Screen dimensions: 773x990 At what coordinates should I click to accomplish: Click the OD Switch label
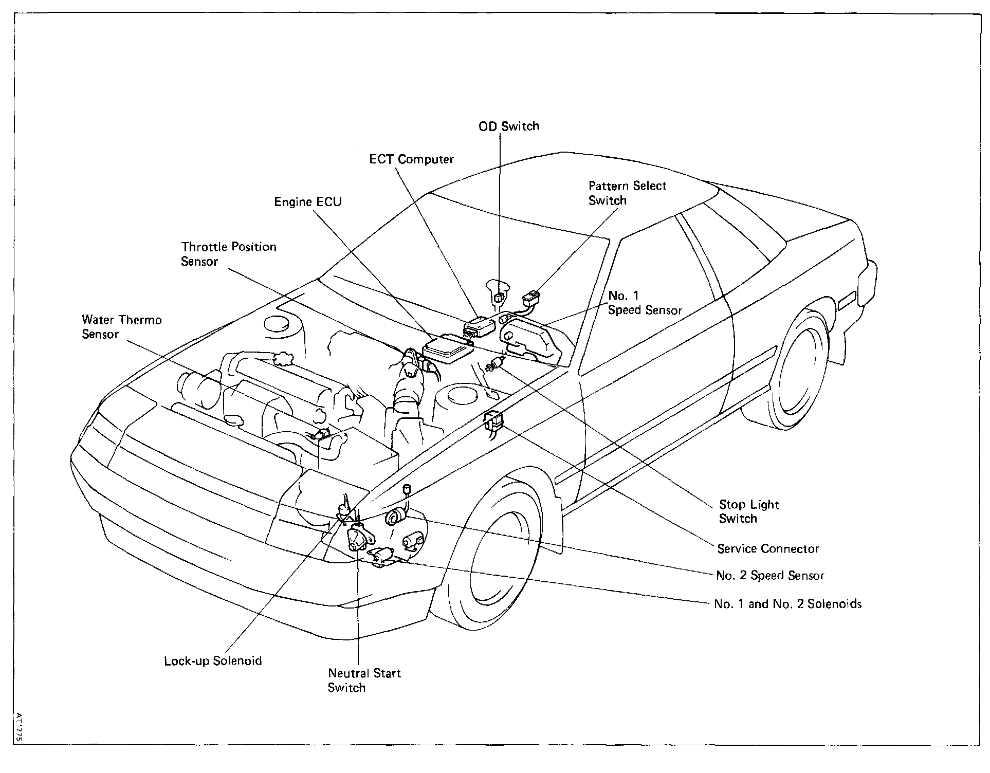pyautogui.click(x=508, y=126)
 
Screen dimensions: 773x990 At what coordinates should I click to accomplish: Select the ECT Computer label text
pyautogui.click(x=411, y=159)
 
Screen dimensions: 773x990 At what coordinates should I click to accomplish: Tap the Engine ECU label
pyautogui.click(x=307, y=202)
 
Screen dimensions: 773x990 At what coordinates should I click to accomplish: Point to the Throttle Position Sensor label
pyautogui.click(x=228, y=254)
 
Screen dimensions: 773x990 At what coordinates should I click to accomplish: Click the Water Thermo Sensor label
pyautogui.click(x=121, y=327)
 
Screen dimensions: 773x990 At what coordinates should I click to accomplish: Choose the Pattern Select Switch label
pyautogui.click(x=627, y=193)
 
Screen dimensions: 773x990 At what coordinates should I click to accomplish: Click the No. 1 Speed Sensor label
pyautogui.click(x=644, y=303)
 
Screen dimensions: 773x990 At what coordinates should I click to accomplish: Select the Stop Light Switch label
pyautogui.click(x=748, y=511)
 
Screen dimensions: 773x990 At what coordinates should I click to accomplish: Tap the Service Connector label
pyautogui.click(x=768, y=549)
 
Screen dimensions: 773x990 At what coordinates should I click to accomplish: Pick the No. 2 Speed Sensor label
pyautogui.click(x=769, y=576)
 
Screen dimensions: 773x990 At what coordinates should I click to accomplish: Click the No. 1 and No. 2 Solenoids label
pyautogui.click(x=787, y=604)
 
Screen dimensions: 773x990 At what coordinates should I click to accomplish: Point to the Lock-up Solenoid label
pyautogui.click(x=213, y=661)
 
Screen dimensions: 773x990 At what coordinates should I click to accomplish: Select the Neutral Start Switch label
pyautogui.click(x=364, y=680)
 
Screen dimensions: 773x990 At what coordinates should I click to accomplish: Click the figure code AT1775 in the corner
pyautogui.click(x=19, y=726)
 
